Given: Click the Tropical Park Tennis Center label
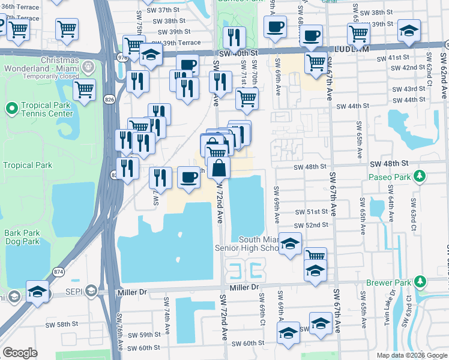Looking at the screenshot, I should point(44,109).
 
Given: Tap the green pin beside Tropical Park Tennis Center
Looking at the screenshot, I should point(10,109).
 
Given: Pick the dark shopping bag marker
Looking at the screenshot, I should point(220,167).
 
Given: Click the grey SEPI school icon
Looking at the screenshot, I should point(90,292).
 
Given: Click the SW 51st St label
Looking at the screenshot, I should point(312,212).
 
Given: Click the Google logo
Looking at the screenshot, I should point(20,353).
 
